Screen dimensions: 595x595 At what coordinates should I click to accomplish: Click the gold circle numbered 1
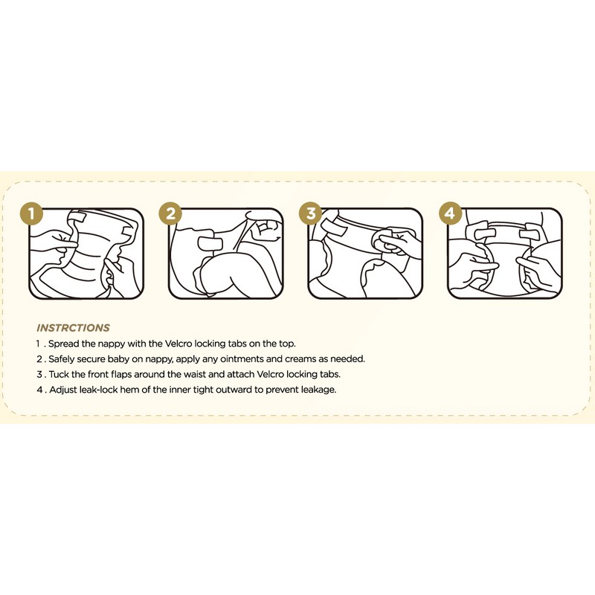pyautogui.click(x=30, y=214)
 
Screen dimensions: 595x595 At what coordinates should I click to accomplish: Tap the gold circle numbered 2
pyautogui.click(x=170, y=214)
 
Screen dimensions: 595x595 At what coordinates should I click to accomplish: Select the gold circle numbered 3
pyautogui.click(x=310, y=214)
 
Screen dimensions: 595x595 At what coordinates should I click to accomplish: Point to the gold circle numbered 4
pyautogui.click(x=449, y=214)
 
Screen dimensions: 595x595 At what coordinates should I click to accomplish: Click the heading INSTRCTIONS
pyautogui.click(x=73, y=327)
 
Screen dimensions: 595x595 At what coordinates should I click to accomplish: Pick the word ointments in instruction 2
pyautogui.click(x=227, y=358)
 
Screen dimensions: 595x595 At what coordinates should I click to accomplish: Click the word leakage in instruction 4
pyautogui.click(x=318, y=389)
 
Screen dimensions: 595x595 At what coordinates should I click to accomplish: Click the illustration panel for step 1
pyautogui.click(x=86, y=254)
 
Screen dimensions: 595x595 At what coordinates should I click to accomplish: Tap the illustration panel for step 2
pyautogui.click(x=225, y=254)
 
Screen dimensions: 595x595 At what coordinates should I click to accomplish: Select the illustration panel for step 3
pyautogui.click(x=365, y=254)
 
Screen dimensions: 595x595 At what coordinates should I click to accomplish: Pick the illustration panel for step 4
pyautogui.click(x=505, y=254)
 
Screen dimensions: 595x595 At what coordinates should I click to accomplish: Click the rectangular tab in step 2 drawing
pyautogui.click(x=210, y=244)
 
